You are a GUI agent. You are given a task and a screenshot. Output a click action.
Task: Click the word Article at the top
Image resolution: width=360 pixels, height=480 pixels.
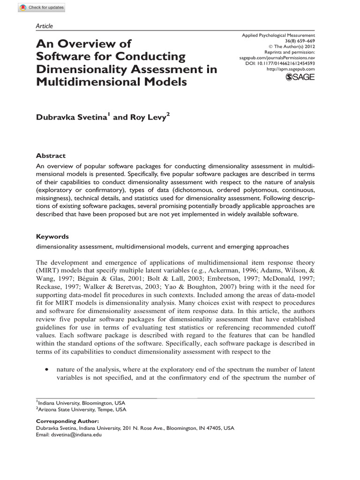(45, 26)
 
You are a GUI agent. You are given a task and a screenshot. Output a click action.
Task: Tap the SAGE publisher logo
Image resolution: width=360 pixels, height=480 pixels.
(300, 77)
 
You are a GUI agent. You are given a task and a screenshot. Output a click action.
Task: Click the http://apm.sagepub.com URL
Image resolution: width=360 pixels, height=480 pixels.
(290, 69)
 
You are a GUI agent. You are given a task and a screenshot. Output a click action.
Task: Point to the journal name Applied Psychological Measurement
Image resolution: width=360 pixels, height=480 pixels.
(278, 36)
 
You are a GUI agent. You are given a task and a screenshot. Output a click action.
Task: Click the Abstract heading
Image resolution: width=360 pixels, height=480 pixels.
(51, 156)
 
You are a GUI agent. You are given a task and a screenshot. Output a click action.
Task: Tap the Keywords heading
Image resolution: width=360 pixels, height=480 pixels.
(52, 237)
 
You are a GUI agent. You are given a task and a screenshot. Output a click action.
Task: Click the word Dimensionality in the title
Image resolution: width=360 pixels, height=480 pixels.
(78, 69)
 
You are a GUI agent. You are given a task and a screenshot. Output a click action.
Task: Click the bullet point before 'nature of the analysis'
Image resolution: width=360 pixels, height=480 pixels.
(46, 369)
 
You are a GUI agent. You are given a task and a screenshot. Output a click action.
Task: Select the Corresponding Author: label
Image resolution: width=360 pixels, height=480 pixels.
(62, 421)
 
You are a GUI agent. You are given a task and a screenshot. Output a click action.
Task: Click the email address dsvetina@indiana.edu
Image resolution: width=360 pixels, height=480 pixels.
(74, 435)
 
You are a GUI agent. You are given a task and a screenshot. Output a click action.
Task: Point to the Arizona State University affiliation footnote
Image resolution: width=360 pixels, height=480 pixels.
(82, 409)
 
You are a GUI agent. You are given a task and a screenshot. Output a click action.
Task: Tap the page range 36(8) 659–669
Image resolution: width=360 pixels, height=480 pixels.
(299, 41)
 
